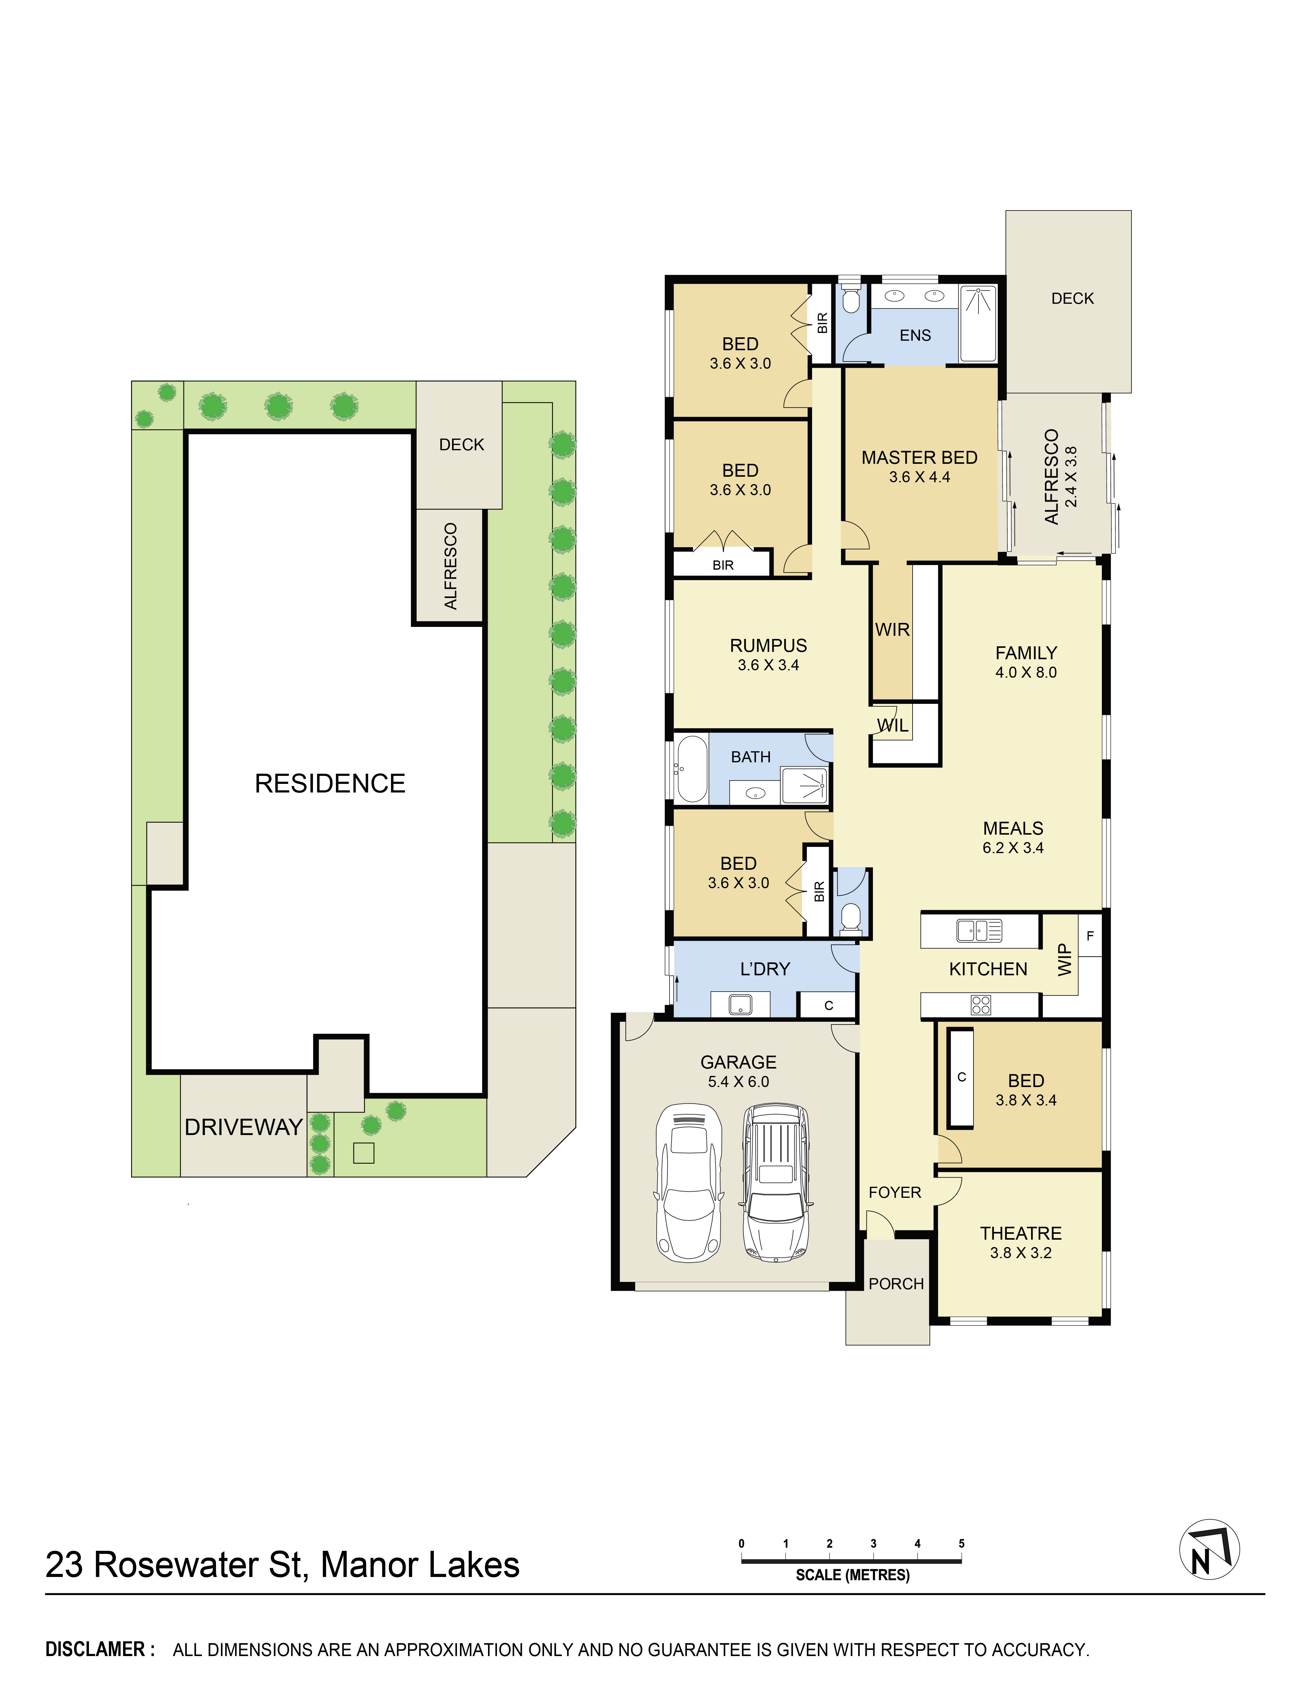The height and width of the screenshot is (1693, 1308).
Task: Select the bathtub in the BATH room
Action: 692,769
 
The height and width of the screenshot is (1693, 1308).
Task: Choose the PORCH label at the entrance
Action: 896,1284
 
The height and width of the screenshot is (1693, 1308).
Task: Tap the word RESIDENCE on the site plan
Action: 330,784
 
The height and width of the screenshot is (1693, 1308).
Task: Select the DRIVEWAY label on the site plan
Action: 243,1127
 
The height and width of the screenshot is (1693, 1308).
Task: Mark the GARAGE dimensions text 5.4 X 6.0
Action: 738,1081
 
